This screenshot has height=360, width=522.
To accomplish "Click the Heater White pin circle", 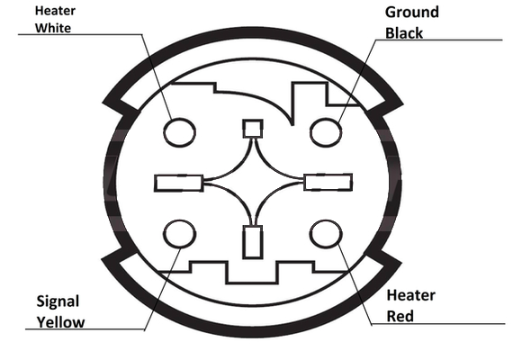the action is point(179,132).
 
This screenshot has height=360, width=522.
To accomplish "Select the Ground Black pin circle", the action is point(326,132).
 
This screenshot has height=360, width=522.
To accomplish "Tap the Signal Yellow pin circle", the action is point(180,234).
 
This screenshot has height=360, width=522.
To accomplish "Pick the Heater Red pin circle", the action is point(326,234).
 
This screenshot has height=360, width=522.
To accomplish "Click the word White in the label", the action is point(53,28).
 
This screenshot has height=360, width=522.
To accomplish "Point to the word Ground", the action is point(412,13).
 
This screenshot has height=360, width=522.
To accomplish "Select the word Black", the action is point(404,33).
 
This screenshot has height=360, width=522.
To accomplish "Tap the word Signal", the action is point(58,301).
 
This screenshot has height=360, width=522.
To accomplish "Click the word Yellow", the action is point(60,322).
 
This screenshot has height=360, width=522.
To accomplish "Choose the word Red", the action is point(400,316).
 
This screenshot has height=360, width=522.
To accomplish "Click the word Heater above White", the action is point(55,11).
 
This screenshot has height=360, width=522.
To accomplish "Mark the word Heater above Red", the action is point(410,295).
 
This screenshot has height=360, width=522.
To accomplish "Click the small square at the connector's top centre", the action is point(253,129).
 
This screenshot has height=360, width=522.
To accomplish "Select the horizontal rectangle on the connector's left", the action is point(179,183).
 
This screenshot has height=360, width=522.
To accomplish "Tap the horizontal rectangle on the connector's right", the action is point(328,182).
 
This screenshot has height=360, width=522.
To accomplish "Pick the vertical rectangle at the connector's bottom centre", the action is point(253,242).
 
